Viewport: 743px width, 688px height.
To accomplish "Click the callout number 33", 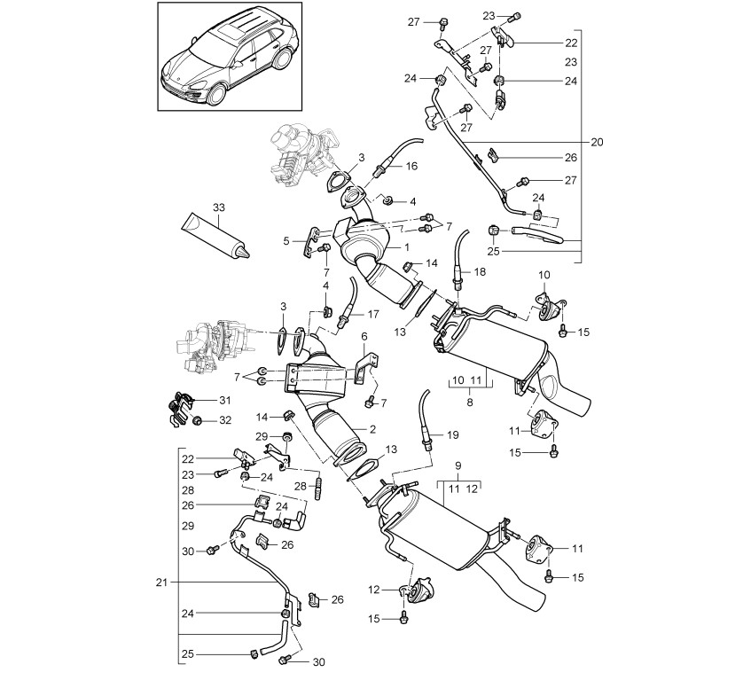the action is pyautogui.click(x=219, y=207).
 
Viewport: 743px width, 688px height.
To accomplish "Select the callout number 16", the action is pyautogui.click(x=411, y=166).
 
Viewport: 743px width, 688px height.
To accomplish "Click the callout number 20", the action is pyautogui.click(x=597, y=142).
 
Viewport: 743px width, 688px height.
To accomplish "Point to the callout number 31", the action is pyautogui.click(x=224, y=401).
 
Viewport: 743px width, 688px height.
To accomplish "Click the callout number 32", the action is pyautogui.click(x=225, y=420).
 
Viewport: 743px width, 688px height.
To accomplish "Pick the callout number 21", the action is pyautogui.click(x=162, y=582).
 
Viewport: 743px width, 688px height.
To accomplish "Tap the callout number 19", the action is pyautogui.click(x=453, y=434).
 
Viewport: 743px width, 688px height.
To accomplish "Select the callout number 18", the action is pyautogui.click(x=480, y=271).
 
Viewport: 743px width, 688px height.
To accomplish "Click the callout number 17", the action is pyautogui.click(x=373, y=314).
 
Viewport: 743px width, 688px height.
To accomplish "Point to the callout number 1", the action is pyautogui.click(x=407, y=246).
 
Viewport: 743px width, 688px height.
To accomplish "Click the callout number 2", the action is pyautogui.click(x=373, y=429).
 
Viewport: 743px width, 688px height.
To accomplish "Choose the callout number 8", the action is pyautogui.click(x=470, y=403).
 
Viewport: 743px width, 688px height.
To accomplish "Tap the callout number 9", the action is pyautogui.click(x=458, y=465).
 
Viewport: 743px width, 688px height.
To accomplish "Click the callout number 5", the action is pyautogui.click(x=286, y=241).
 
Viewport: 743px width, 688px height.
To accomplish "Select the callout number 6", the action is pyautogui.click(x=364, y=336).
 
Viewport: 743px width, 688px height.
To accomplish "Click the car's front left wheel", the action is pyautogui.click(x=215, y=93).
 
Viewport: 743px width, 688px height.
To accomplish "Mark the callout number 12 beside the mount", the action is pyautogui.click(x=374, y=590).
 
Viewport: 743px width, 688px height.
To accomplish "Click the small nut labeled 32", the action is pyautogui.click(x=198, y=420).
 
